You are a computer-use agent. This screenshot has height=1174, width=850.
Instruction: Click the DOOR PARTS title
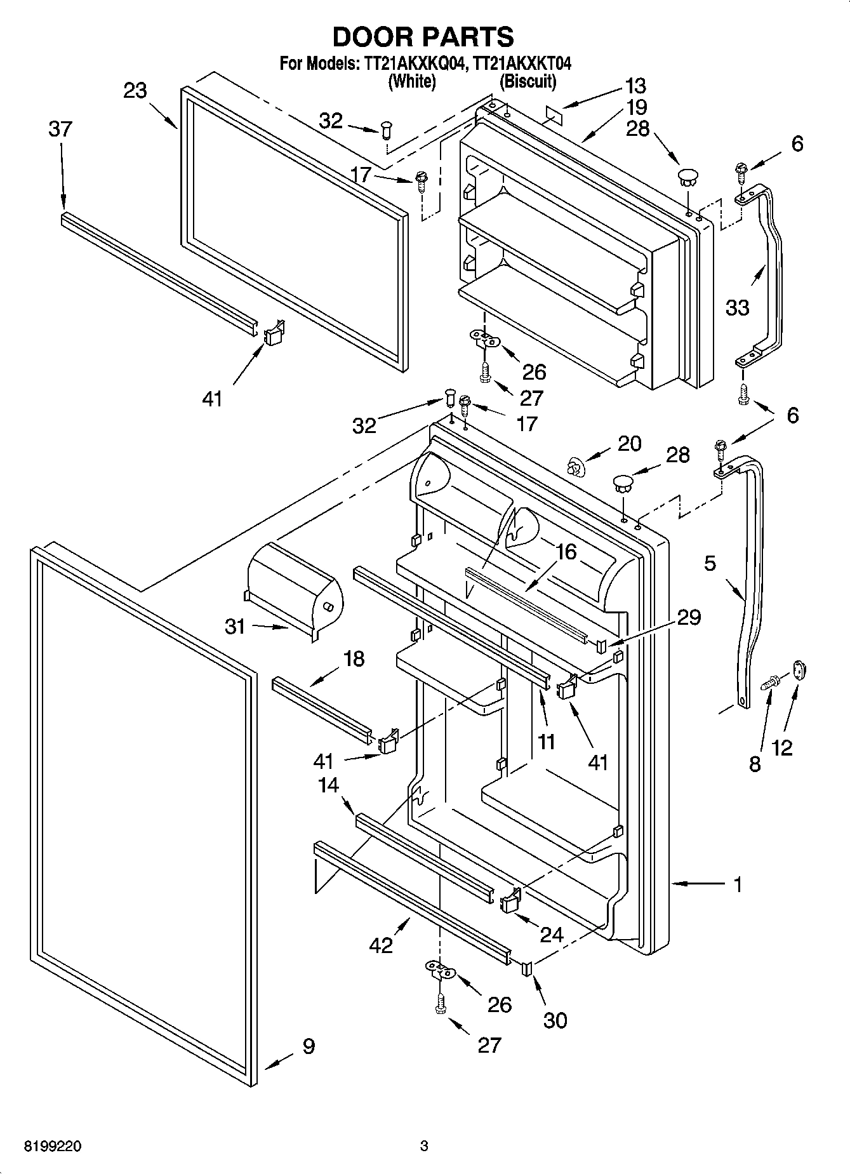[x=423, y=37]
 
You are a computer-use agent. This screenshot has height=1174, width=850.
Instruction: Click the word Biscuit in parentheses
[x=528, y=81]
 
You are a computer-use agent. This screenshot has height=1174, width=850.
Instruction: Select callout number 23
[x=135, y=91]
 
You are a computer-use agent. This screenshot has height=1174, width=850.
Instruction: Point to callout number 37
[x=60, y=129]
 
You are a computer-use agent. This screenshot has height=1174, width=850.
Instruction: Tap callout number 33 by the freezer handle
[x=738, y=308]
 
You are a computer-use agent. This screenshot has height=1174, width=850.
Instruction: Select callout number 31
[x=235, y=627]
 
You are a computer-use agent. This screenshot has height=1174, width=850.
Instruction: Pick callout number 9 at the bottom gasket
[x=309, y=1046]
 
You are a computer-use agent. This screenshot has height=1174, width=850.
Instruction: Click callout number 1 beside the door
[x=738, y=884]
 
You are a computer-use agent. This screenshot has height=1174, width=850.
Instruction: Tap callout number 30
[x=555, y=1021]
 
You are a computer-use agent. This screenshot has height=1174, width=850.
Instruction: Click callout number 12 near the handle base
[x=782, y=748]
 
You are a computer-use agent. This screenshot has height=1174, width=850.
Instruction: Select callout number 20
[x=629, y=443]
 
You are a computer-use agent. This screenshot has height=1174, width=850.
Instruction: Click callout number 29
[x=689, y=617]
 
